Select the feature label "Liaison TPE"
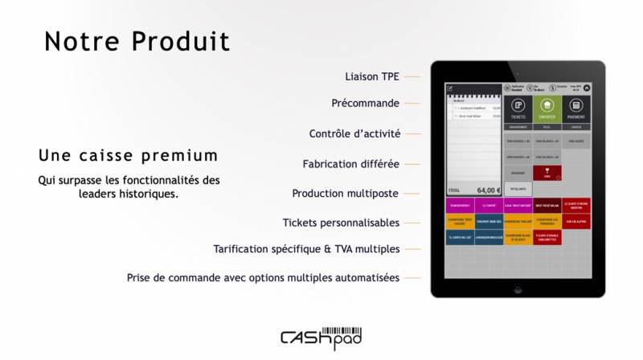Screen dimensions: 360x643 pos(372,76)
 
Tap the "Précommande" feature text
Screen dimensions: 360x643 pos(365,104)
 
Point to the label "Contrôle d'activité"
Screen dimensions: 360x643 pos(354,133)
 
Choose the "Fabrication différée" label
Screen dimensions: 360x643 pos(350,164)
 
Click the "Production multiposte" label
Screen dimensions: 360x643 pos(345,194)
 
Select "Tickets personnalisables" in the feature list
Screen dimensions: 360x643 pos(341,223)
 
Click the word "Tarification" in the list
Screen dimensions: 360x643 pos(247,249)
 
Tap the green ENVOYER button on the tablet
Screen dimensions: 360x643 pos(547,108)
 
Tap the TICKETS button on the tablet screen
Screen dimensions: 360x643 pos(518,108)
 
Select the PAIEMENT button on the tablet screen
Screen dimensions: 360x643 pos(575,108)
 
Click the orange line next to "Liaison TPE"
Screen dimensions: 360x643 pos(412,76)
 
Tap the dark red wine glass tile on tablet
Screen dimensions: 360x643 pos(547,172)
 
